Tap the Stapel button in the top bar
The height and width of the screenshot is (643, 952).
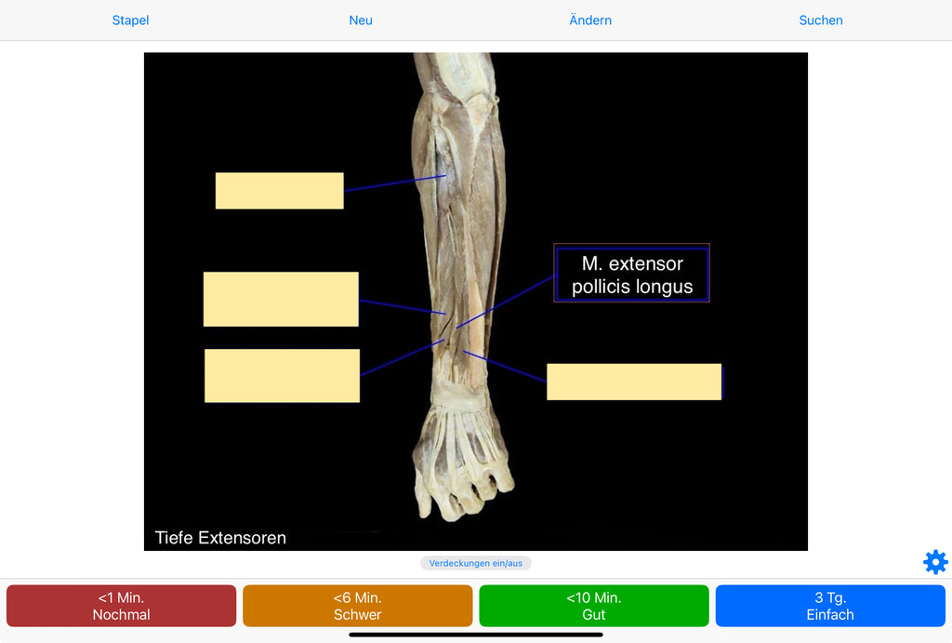(x=130, y=20)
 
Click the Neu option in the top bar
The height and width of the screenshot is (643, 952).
(x=361, y=20)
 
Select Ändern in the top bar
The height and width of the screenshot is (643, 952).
(x=590, y=20)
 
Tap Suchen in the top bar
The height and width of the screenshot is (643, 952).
(x=821, y=20)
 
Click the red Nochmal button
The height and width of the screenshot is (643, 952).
(x=121, y=606)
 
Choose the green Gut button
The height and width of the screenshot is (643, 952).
(x=593, y=606)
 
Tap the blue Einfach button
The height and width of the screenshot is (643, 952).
(x=829, y=606)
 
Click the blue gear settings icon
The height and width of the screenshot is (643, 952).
(x=935, y=562)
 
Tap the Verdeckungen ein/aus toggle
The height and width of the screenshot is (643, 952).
(x=475, y=563)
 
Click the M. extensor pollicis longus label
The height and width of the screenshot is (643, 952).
(x=632, y=275)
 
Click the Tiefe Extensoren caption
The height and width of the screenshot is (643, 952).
(x=220, y=538)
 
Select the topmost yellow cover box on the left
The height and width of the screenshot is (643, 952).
(x=279, y=191)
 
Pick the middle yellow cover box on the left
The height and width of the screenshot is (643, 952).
(x=281, y=299)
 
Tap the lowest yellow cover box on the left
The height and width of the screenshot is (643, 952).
(x=282, y=376)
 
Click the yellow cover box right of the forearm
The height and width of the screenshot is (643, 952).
(x=634, y=382)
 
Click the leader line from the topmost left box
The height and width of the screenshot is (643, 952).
(x=394, y=183)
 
